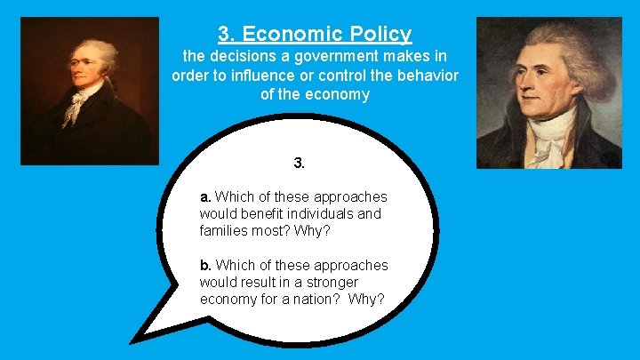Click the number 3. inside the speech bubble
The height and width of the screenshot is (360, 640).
tap(300, 164)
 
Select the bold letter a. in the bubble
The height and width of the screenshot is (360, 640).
tap(205, 196)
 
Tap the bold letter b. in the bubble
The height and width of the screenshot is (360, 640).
tap(205, 266)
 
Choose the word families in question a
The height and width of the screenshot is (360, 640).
tap(226, 230)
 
